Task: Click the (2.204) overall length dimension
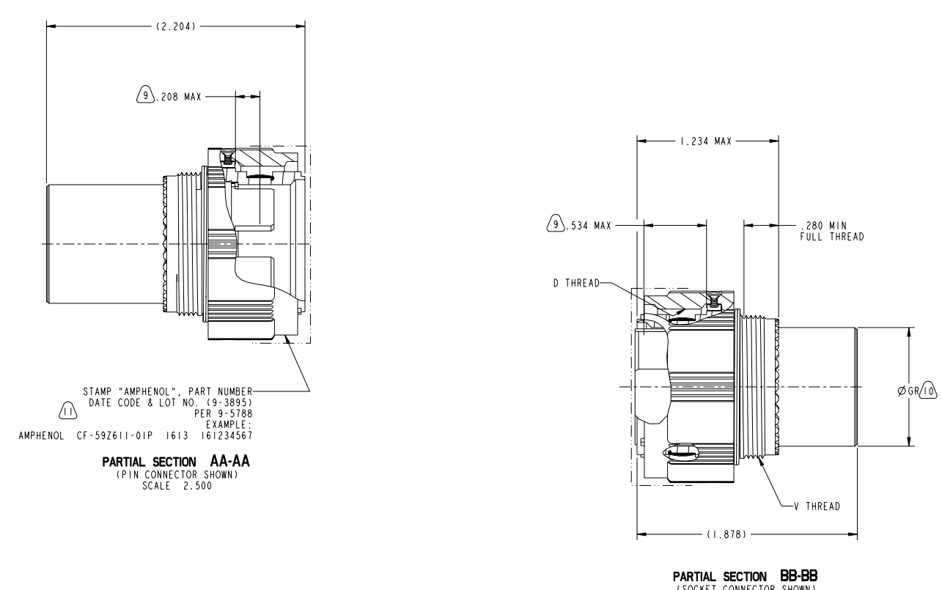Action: point(175,26)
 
